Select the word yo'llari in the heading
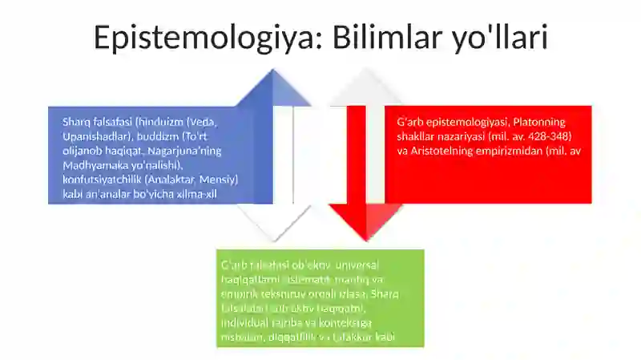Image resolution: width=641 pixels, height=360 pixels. click(498, 38)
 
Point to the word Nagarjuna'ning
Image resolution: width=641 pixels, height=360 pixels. click(185, 151)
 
